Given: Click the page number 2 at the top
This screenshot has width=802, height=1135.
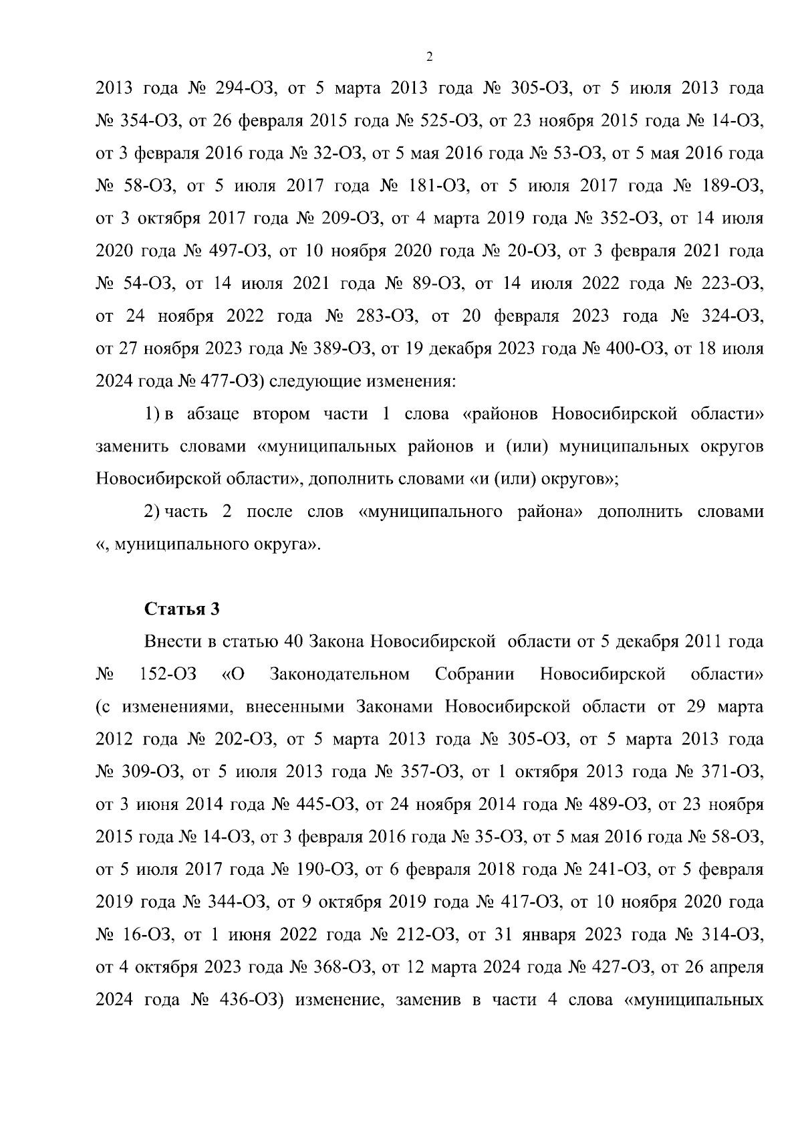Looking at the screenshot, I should click(x=429, y=57).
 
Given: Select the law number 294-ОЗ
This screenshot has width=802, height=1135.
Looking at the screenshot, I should click(x=241, y=89).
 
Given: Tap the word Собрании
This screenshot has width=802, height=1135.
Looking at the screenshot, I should click(x=475, y=674).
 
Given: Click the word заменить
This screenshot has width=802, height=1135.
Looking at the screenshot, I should click(x=131, y=447).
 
